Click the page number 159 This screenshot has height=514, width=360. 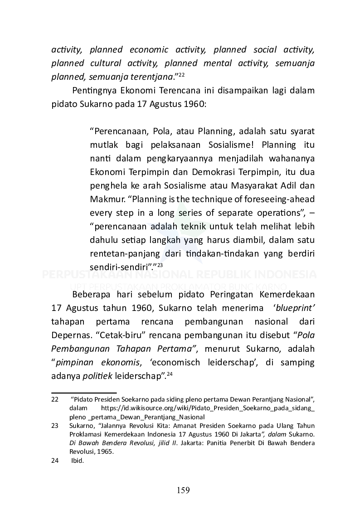[183, 490]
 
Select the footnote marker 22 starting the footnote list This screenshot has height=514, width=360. [55, 400]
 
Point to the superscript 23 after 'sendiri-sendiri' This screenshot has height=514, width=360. [160, 265]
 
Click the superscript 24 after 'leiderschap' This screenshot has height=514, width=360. [170, 374]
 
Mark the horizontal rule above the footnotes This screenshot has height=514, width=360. [84, 393]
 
